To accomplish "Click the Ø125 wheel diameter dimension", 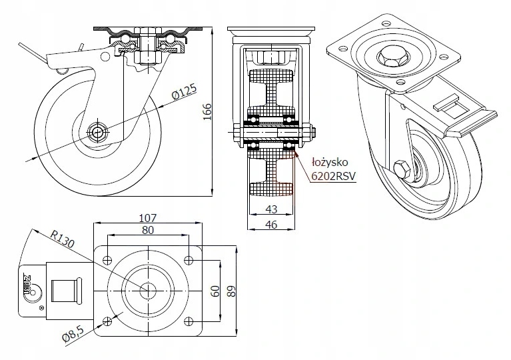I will point(183,95).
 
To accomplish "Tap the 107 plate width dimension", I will point(147,218).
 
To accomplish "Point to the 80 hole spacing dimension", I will point(147,231).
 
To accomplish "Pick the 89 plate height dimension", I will point(231,291).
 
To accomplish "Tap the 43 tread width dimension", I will point(271,209).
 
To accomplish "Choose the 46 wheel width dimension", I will point(271,225).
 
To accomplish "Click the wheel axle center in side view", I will point(99,131).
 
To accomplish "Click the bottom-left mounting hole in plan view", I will point(106,321).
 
